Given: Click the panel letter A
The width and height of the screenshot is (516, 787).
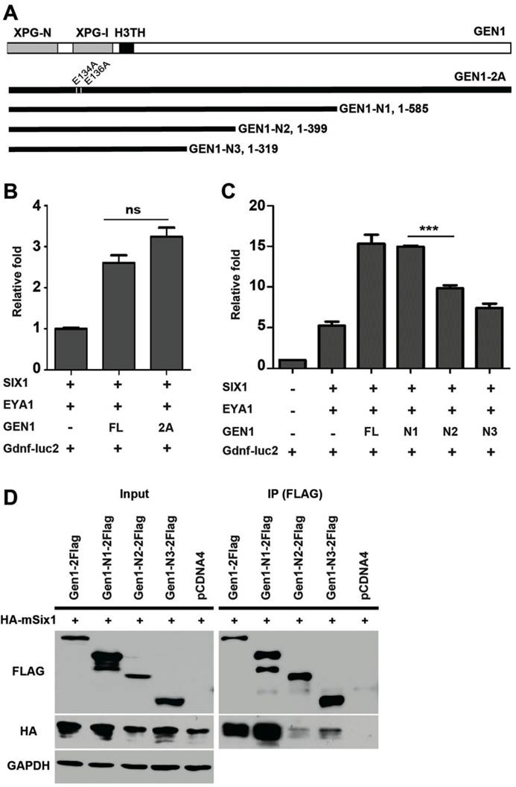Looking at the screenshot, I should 13,10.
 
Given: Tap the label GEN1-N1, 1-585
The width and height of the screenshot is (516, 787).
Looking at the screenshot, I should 383,109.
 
